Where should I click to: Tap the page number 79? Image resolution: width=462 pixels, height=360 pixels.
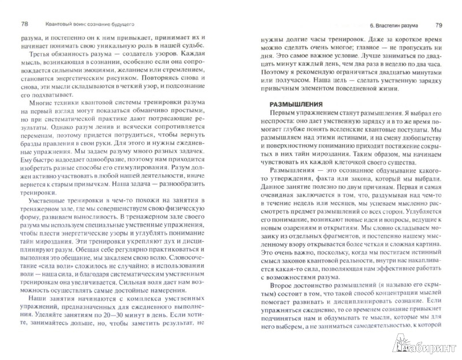pos(438,26)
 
